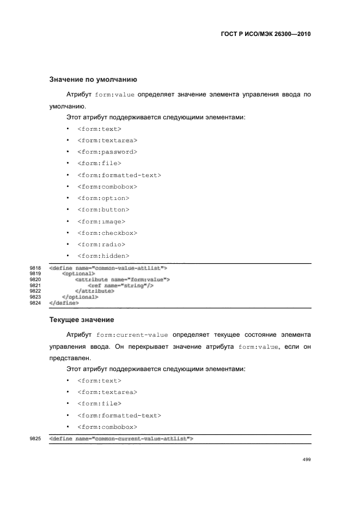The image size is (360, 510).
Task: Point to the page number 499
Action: (x=306, y=459)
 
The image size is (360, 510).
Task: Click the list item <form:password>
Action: (x=107, y=151)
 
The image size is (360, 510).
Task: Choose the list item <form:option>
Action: (x=103, y=198)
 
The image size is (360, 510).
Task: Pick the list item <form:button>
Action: (x=103, y=209)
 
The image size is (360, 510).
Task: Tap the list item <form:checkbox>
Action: (x=107, y=233)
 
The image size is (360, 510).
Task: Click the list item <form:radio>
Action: (x=101, y=244)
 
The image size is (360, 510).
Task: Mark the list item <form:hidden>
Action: (x=103, y=256)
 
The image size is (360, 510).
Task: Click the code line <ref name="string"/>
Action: (x=120, y=286)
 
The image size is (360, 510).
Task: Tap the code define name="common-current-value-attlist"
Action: (x=121, y=438)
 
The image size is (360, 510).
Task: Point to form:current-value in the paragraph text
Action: (x=132, y=335)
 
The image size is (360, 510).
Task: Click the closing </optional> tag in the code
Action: (x=80, y=297)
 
